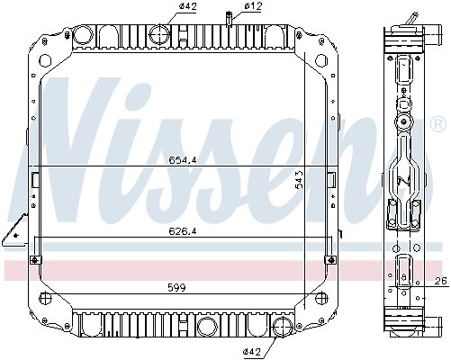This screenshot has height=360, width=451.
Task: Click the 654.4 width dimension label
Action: [182, 160]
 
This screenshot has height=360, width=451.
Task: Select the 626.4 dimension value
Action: [182, 231]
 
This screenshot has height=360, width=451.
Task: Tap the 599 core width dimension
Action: [176, 288]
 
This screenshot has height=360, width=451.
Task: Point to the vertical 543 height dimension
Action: [299, 179]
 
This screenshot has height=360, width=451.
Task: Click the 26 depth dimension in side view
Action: [441, 281]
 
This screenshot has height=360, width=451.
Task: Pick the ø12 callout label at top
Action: [253, 5]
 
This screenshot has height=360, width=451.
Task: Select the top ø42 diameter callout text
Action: [188, 6]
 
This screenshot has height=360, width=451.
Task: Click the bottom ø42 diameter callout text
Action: [252, 351]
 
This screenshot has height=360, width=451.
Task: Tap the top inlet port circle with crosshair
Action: [159, 35]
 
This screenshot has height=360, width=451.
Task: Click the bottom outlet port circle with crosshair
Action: [283, 327]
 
